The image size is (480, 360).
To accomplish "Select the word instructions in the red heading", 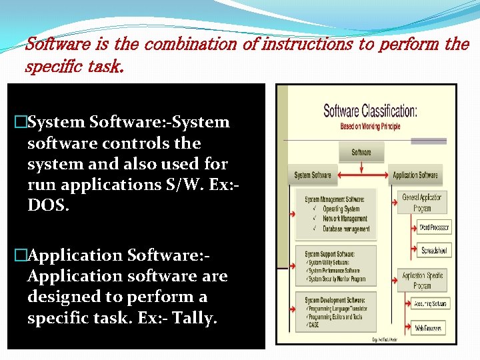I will [x=307, y=45].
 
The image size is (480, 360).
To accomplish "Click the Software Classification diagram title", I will [x=370, y=111].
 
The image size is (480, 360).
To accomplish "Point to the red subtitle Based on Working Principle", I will [x=370, y=125].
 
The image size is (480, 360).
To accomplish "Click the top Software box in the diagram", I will [x=361, y=152].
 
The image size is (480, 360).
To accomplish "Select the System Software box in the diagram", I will [x=313, y=175].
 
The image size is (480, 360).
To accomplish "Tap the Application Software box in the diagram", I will [x=415, y=175].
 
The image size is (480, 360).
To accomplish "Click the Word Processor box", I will [x=434, y=227].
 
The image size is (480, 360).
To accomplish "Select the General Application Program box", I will [x=421, y=203].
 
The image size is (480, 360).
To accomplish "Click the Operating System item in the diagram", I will [x=341, y=209].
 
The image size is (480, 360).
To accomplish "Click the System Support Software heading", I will [x=330, y=254].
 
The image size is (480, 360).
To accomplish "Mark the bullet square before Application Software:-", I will [x=19, y=255].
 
